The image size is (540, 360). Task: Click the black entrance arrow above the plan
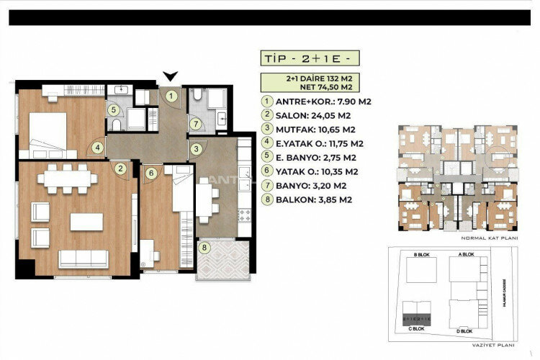170,76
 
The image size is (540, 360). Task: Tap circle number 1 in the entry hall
171,94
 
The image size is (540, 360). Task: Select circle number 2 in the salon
122,169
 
